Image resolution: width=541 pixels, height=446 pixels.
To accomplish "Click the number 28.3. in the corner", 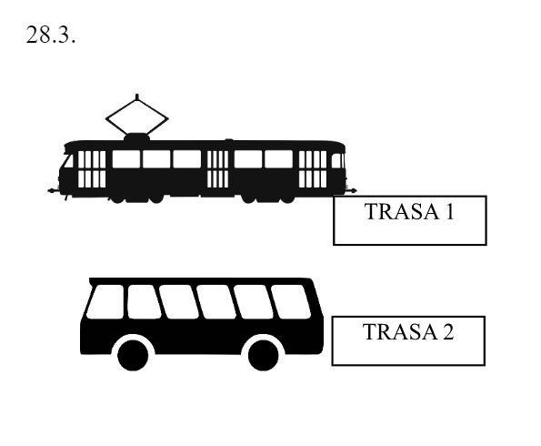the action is tap(51, 35).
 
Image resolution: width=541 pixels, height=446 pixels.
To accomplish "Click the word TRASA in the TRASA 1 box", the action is tap(402, 211).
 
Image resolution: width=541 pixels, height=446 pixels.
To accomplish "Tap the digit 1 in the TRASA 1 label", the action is tap(449, 211).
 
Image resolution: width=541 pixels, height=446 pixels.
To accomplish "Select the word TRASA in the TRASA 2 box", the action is tap(400, 331).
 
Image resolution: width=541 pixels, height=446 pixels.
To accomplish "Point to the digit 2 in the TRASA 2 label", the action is tap(447, 331).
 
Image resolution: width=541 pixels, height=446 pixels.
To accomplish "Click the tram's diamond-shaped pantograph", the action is tap(137, 117).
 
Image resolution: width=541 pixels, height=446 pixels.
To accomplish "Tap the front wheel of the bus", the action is tap(133, 355).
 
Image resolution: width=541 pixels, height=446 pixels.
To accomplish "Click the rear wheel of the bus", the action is tap(264, 355).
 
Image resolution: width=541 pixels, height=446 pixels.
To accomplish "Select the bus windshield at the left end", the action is tap(105, 301).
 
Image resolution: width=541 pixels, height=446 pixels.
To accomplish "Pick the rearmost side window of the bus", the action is tap(291, 301).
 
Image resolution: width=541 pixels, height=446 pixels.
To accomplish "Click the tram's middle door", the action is tap(217, 169).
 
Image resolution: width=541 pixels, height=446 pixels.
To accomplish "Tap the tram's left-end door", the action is tap(92, 169).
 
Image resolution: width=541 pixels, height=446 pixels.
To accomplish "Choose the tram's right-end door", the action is tap(313, 169).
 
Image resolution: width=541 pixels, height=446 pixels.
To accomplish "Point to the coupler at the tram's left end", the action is tap(53, 190).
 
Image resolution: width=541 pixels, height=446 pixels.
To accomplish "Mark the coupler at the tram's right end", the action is tap(352, 190).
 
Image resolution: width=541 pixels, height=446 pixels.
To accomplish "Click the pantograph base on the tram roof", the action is tap(137, 137).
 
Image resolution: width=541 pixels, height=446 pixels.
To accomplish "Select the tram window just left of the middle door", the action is tap(187, 159).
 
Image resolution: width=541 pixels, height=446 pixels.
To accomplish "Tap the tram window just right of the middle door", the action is tap(248, 159).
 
